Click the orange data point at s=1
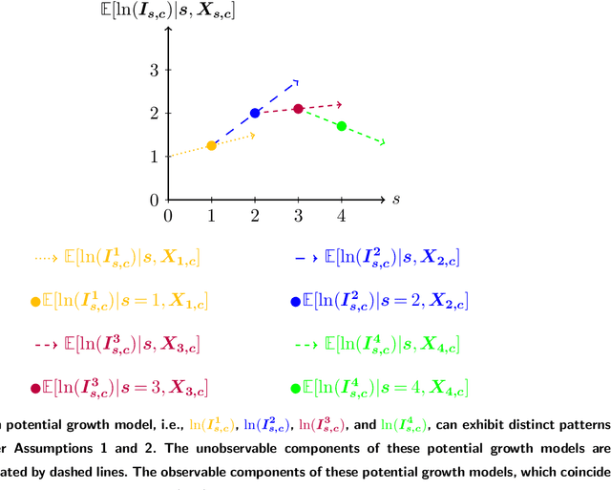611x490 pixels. [211, 145]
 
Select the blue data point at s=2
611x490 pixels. [255, 113]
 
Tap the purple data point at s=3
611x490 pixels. [298, 109]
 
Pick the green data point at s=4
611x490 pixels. [342, 126]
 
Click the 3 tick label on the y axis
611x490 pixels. [153, 70]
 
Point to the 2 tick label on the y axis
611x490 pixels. [153, 113]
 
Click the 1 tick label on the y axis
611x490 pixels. [153, 156]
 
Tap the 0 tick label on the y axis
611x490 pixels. [153, 200]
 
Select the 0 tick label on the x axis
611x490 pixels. [168, 216]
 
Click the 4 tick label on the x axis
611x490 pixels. [342, 216]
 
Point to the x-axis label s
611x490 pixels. [394, 199]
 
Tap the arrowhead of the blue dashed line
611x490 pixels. [296, 81]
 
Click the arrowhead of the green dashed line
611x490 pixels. [382, 143]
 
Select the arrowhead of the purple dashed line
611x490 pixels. [338, 103]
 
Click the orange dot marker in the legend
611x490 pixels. [36, 302]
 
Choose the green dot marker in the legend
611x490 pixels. [295, 389]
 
